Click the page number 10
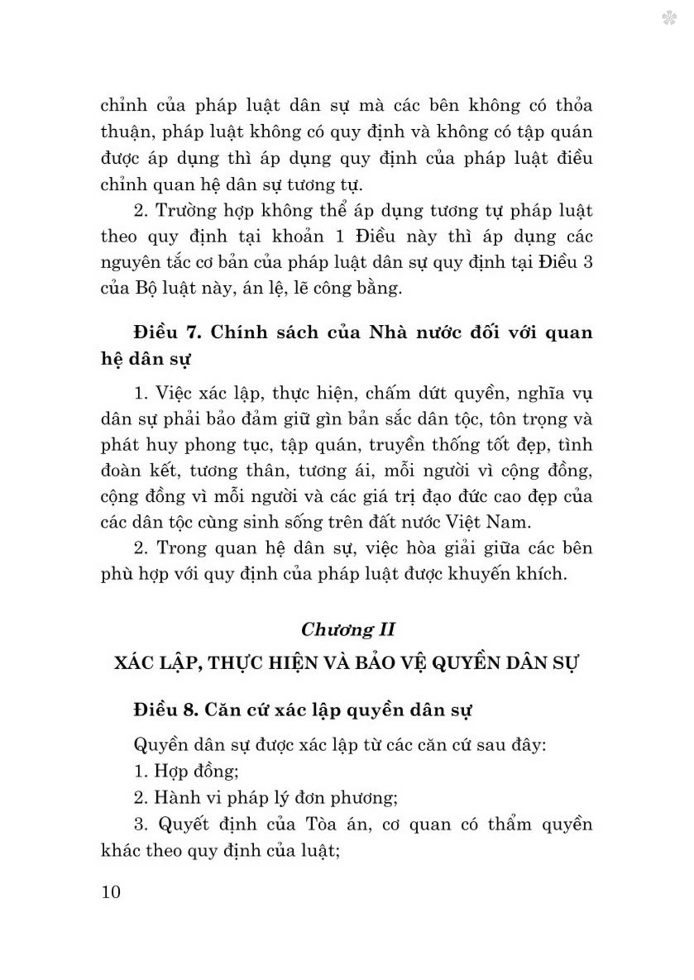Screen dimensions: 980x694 click(111, 892)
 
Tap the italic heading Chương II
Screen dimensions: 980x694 click(348, 630)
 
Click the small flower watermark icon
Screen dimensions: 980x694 click(669, 18)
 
